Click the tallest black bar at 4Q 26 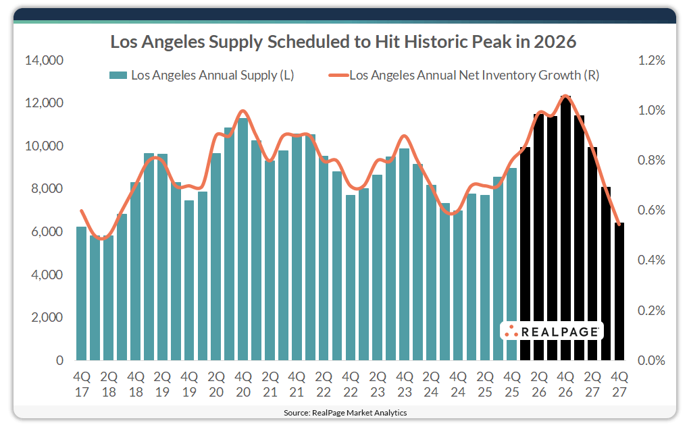coord(566,229)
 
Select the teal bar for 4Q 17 coord(81,293)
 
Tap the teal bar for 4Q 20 coord(243,239)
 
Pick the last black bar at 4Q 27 coord(619,291)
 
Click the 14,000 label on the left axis coord(45,61)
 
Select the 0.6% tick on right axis coord(651,210)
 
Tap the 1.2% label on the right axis coord(651,61)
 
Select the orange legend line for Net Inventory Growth coord(338,76)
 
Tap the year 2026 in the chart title coord(554,42)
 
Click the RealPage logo coord(552,331)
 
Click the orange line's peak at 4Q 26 coord(566,96)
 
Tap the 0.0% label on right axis coord(651,360)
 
